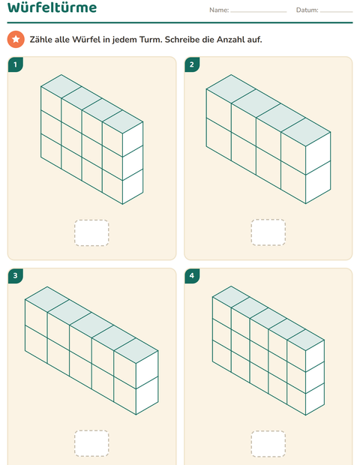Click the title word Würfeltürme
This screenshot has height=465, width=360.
click(52, 7)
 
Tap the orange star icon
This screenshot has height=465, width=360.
click(16, 39)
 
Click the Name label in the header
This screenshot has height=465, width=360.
click(219, 10)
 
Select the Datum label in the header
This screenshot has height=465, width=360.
click(307, 10)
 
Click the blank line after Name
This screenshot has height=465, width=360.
click(259, 12)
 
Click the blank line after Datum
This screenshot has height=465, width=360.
click(336, 12)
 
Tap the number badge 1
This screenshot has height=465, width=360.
click(16, 64)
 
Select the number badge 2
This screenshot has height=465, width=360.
click(192, 64)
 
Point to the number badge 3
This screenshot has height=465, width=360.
click(16, 276)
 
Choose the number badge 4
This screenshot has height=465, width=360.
click(192, 276)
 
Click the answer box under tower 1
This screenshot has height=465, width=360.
click(91, 232)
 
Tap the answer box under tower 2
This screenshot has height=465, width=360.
click(268, 232)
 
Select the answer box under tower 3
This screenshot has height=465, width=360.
click(91, 443)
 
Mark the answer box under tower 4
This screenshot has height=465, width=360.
click(268, 444)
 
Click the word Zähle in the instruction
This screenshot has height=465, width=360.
click(41, 40)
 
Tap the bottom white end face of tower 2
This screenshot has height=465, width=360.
click(318, 182)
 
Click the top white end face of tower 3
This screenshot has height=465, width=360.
click(147, 370)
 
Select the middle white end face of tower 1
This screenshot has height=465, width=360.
click(133, 163)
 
